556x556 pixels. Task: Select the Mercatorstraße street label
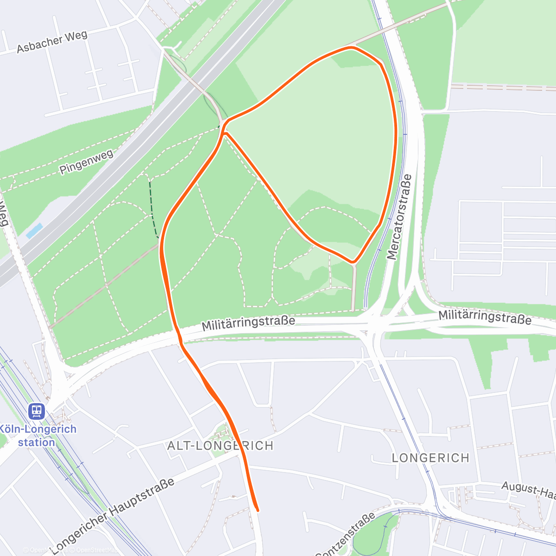(399, 217)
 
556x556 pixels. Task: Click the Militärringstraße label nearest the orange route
(248, 323)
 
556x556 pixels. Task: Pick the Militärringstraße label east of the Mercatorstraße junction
(485, 317)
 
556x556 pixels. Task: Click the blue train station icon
(36, 411)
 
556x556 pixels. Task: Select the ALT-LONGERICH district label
(220, 446)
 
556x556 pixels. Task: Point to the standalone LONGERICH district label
(430, 458)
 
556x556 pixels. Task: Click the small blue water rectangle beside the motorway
(34, 230)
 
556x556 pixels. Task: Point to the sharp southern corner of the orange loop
(354, 262)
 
